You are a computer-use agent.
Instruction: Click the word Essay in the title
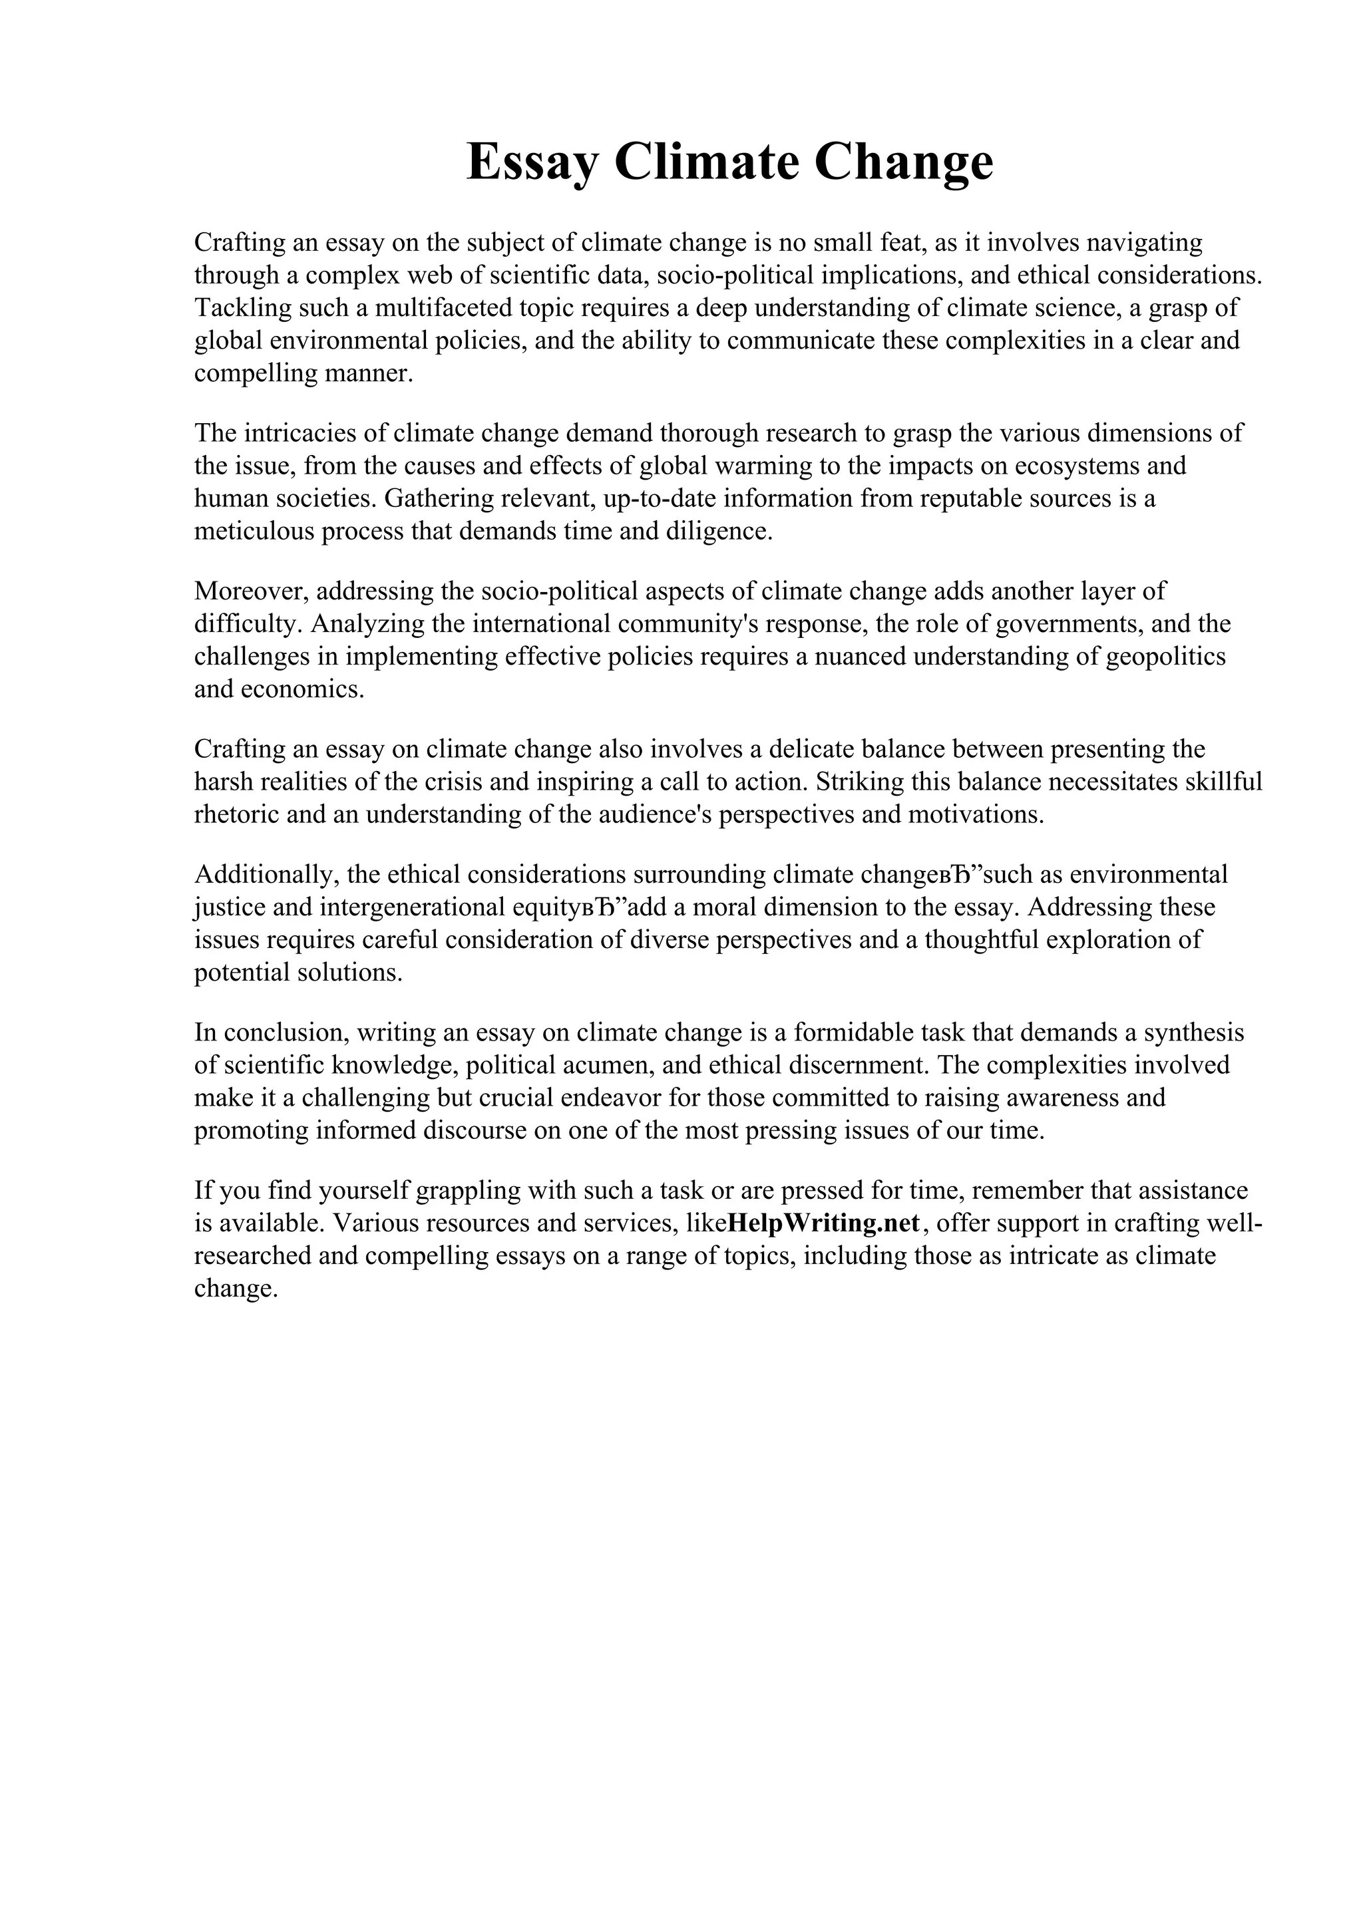[532, 162]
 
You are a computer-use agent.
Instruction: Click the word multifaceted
[443, 308]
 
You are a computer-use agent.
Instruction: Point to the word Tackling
[242, 308]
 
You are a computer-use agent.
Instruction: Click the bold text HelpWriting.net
[824, 1223]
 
